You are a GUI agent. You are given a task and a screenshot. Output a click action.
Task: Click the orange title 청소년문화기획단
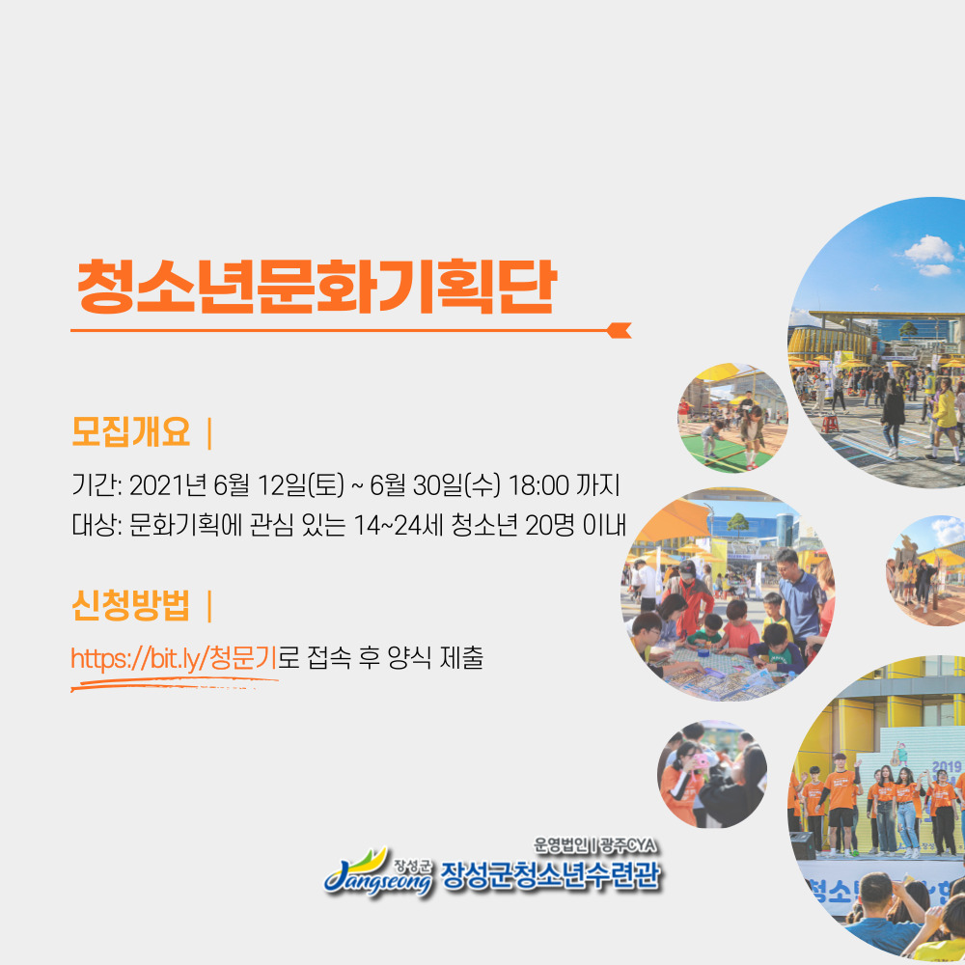point(317,287)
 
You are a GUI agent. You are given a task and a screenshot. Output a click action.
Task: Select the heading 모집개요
point(131,431)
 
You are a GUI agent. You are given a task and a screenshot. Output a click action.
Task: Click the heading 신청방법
point(131,605)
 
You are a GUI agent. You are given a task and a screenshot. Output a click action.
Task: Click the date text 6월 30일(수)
point(435,485)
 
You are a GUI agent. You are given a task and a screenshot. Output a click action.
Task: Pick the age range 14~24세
point(399,525)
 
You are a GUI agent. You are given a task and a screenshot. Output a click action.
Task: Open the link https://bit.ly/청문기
point(174,658)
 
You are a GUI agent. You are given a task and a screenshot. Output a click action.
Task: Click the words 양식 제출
point(435,658)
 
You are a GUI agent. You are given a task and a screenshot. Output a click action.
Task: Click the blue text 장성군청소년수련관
point(550,874)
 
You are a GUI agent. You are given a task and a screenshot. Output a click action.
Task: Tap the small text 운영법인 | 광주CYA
point(594,845)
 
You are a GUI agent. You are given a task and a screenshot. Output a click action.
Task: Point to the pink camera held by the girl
point(700,762)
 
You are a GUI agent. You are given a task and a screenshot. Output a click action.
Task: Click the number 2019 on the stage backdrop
point(947,767)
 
